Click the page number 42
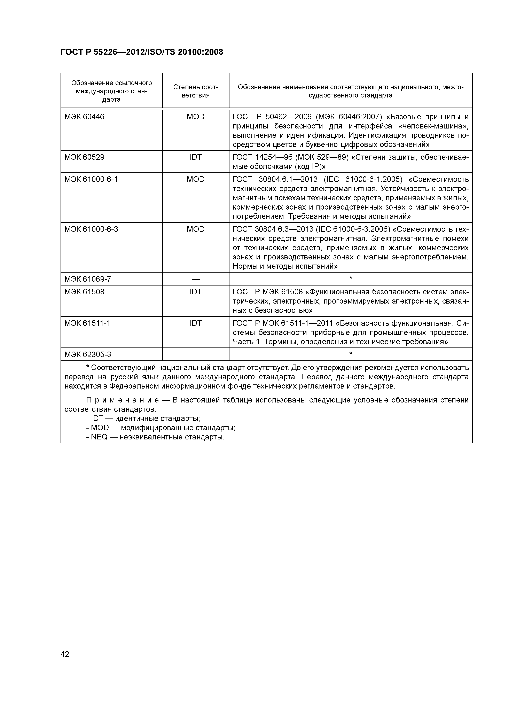[x=65, y=654]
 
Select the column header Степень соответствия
[x=195, y=91]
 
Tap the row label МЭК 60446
[x=84, y=117]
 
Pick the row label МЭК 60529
[x=84, y=157]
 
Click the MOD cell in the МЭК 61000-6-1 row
[x=195, y=179]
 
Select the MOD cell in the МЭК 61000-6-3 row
[x=195, y=229]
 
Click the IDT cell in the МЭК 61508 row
[x=195, y=292]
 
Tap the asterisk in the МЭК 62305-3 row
[x=351, y=354]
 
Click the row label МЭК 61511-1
[x=87, y=323]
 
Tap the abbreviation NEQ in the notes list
[x=99, y=437]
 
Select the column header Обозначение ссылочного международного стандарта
[x=111, y=91]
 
